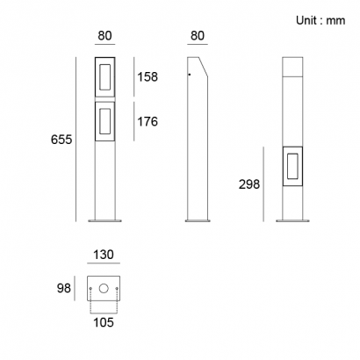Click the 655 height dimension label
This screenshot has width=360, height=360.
coord(61,140)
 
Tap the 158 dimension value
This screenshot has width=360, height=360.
coord(148,76)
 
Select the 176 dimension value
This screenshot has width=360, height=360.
coord(148,121)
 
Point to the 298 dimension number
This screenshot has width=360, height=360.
coord(249,184)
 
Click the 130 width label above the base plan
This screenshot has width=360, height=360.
coord(104,255)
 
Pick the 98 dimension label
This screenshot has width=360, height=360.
coord(64,288)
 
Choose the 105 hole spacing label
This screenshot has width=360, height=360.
coord(104,322)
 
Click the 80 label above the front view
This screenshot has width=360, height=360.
coord(104,35)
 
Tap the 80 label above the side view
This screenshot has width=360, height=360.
coord(198,35)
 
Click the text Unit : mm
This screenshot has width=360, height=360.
coord(320,20)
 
